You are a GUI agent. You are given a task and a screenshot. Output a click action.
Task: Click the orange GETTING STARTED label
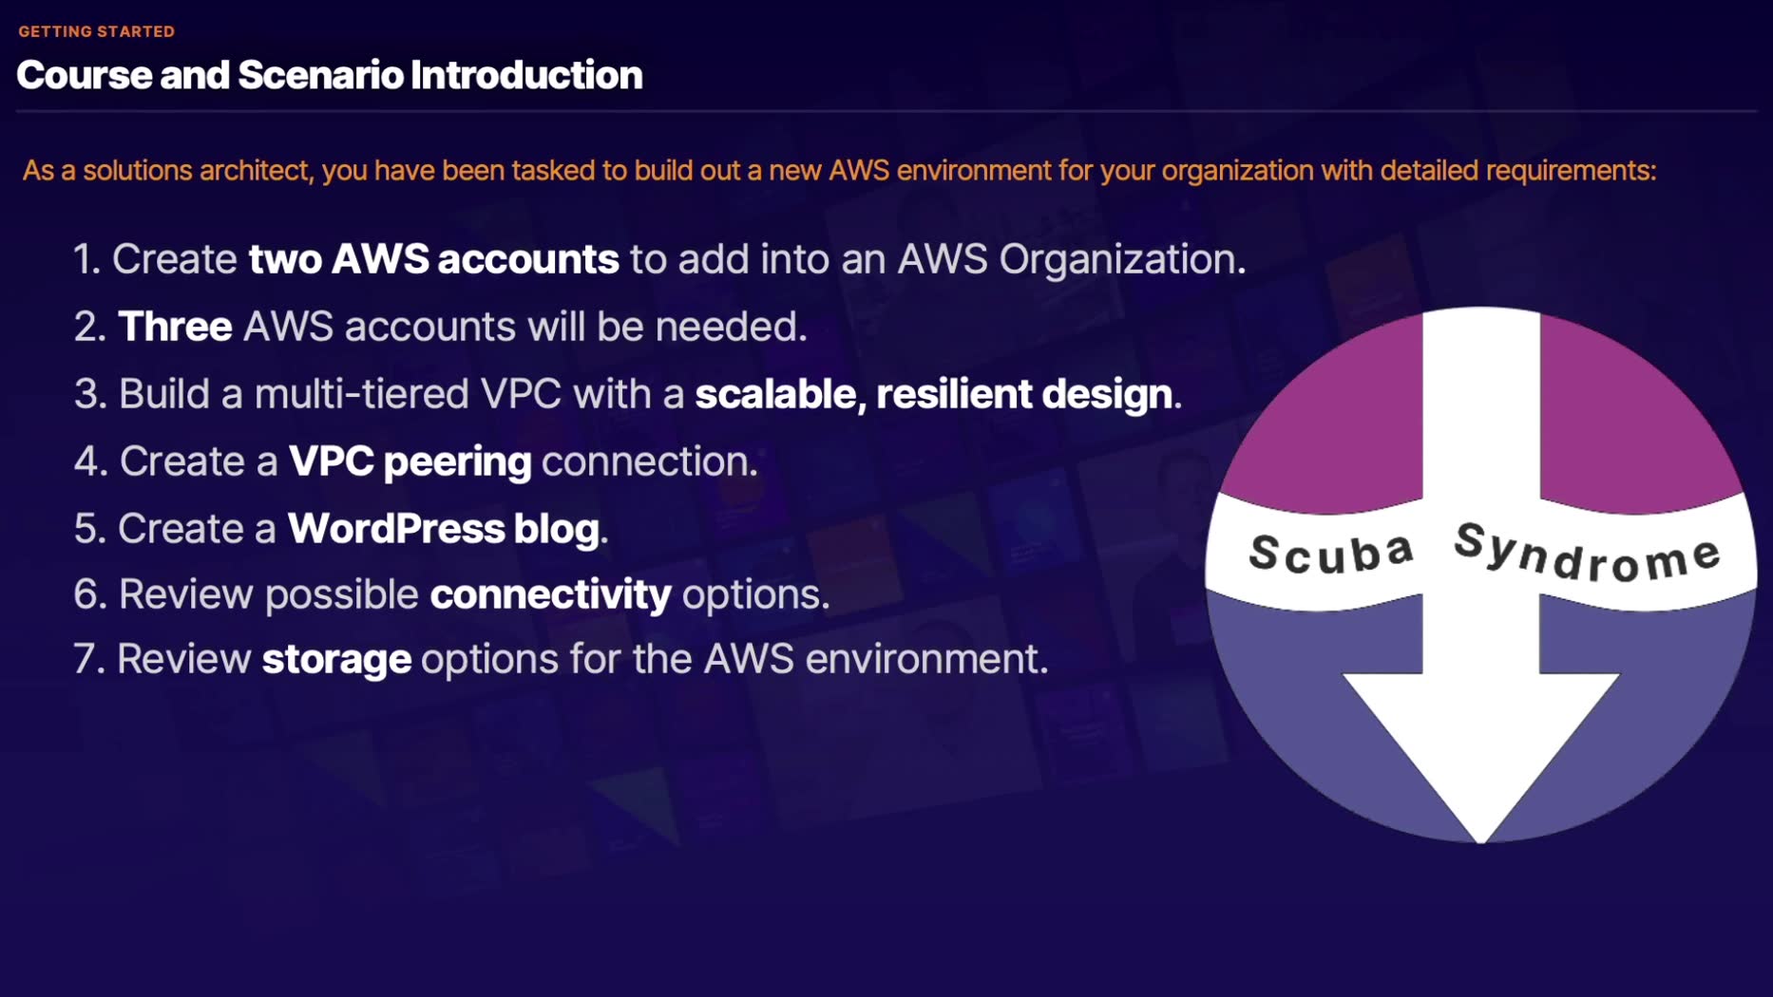pyautogui.click(x=96, y=31)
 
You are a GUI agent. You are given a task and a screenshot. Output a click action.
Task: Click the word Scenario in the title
pyautogui.click(x=320, y=75)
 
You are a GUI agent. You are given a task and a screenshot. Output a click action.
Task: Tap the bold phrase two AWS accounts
pyautogui.click(x=433, y=259)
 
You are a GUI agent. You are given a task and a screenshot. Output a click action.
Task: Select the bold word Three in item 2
pyautogui.click(x=175, y=327)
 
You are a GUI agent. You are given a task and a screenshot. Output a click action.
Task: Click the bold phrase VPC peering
pyautogui.click(x=410, y=461)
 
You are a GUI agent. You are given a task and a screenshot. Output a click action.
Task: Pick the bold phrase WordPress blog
pyautogui.click(x=443, y=529)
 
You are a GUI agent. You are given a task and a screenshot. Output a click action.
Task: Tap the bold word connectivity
pyautogui.click(x=550, y=594)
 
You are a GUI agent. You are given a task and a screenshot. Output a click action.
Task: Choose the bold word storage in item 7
pyautogui.click(x=336, y=659)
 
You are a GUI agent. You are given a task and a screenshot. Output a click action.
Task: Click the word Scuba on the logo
pyautogui.click(x=1331, y=553)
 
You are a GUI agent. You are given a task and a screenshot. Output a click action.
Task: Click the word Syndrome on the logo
pyautogui.click(x=1588, y=553)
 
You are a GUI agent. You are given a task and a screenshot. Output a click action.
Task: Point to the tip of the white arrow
pyautogui.click(x=1481, y=837)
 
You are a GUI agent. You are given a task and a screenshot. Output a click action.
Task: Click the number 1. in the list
pyautogui.click(x=87, y=259)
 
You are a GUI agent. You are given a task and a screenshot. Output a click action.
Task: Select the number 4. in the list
pyautogui.click(x=90, y=461)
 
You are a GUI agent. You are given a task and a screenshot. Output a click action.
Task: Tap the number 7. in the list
pyautogui.click(x=88, y=659)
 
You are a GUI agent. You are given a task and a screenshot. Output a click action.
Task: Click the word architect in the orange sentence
pyautogui.click(x=255, y=171)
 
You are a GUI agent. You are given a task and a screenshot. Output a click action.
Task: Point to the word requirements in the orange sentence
pyautogui.click(x=1570, y=171)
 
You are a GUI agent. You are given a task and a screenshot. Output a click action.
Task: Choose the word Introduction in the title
pyautogui.click(x=526, y=75)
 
